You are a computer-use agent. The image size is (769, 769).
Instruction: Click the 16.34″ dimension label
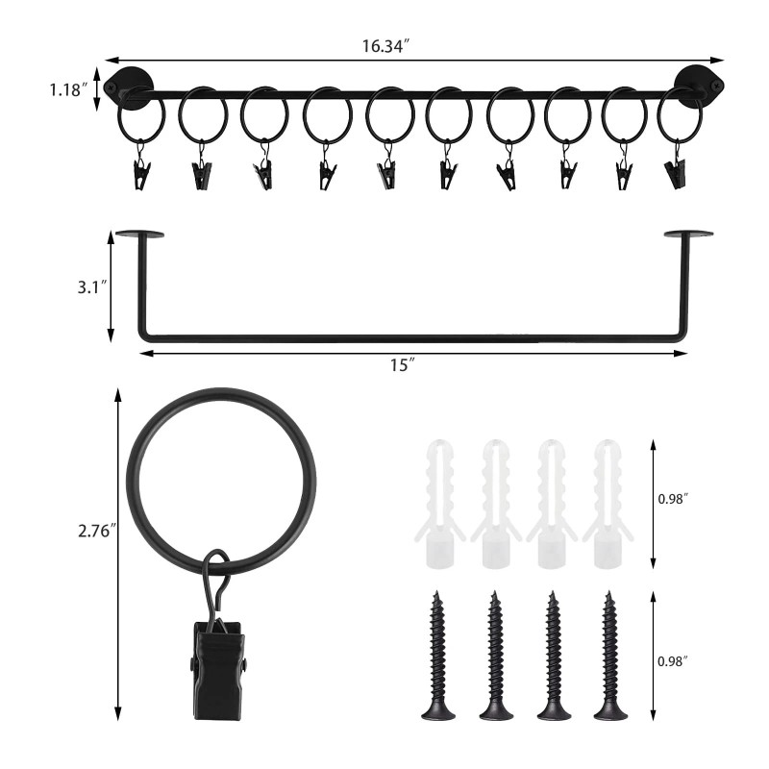[x=385, y=46]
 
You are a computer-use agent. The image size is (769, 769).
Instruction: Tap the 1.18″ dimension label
[x=68, y=89]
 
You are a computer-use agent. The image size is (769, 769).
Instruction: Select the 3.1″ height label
[x=91, y=286]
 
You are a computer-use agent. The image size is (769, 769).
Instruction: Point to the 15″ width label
[x=403, y=365]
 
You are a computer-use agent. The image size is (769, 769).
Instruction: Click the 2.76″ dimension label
[x=97, y=531]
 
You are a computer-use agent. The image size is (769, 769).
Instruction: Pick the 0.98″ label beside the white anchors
[x=673, y=499]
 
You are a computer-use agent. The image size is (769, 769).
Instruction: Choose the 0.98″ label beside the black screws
[x=673, y=661]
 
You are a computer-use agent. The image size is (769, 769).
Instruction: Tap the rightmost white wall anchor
[x=608, y=504]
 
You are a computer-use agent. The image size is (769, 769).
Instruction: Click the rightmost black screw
[x=610, y=656]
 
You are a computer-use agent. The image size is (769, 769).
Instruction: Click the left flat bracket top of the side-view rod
[x=139, y=234]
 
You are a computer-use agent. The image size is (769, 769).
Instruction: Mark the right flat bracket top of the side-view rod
[x=688, y=234]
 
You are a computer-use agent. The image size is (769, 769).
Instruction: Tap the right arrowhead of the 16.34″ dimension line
[x=718, y=61]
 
